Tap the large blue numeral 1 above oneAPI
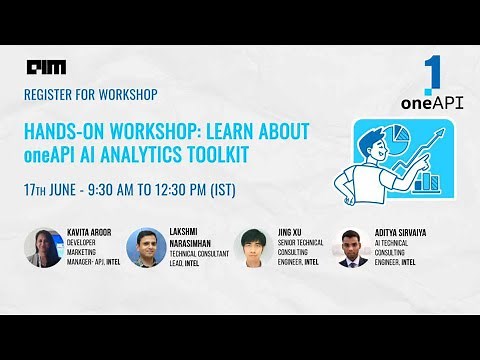pos(432,75)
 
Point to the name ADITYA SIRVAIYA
pos(406,230)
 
